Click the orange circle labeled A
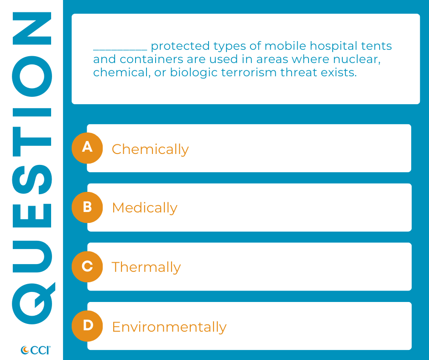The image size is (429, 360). coord(87,148)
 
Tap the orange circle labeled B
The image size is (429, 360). coord(87,207)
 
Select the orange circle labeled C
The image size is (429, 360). coord(87,267)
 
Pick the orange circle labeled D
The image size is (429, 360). coord(87,326)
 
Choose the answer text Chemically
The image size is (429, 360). coord(150,149)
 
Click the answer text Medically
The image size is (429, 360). coord(145,208)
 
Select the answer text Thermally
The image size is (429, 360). coord(146,267)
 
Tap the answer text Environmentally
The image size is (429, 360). coord(169,327)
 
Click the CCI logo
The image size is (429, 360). coord(36,350)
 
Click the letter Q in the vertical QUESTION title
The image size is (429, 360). coord(33,303)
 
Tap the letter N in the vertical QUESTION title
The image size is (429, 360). coord(32,28)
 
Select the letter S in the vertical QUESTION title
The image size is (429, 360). coord(32,180)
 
